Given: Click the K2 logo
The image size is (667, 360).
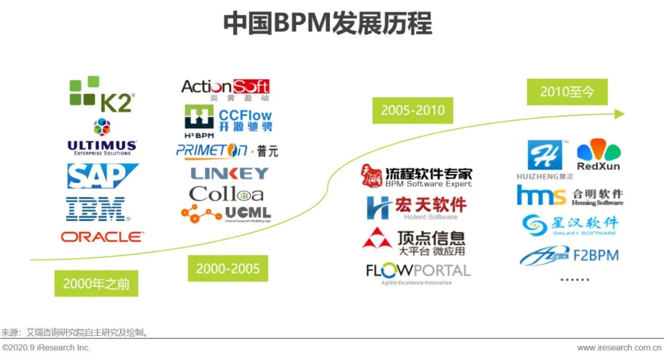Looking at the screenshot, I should point(101,94).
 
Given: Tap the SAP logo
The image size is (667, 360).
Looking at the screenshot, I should point(103,176).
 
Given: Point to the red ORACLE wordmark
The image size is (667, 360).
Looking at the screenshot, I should point(103,237).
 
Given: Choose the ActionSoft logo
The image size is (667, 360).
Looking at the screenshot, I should point(225,88).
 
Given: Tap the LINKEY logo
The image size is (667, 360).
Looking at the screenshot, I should point(229,174).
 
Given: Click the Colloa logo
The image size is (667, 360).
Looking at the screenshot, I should point(226,194).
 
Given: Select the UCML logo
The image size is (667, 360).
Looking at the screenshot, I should point(226,214).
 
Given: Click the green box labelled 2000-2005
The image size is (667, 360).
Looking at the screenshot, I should point(228,269).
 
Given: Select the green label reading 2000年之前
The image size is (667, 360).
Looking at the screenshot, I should point(96,283).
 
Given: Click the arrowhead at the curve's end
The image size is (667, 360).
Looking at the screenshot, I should point(620,114).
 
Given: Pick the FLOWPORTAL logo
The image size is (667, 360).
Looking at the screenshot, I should point(418,272).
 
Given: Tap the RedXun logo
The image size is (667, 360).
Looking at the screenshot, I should point(598,156).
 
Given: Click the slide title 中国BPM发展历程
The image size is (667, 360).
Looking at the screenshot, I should point(327,24).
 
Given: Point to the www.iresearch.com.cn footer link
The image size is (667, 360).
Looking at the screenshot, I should point(621,348).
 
